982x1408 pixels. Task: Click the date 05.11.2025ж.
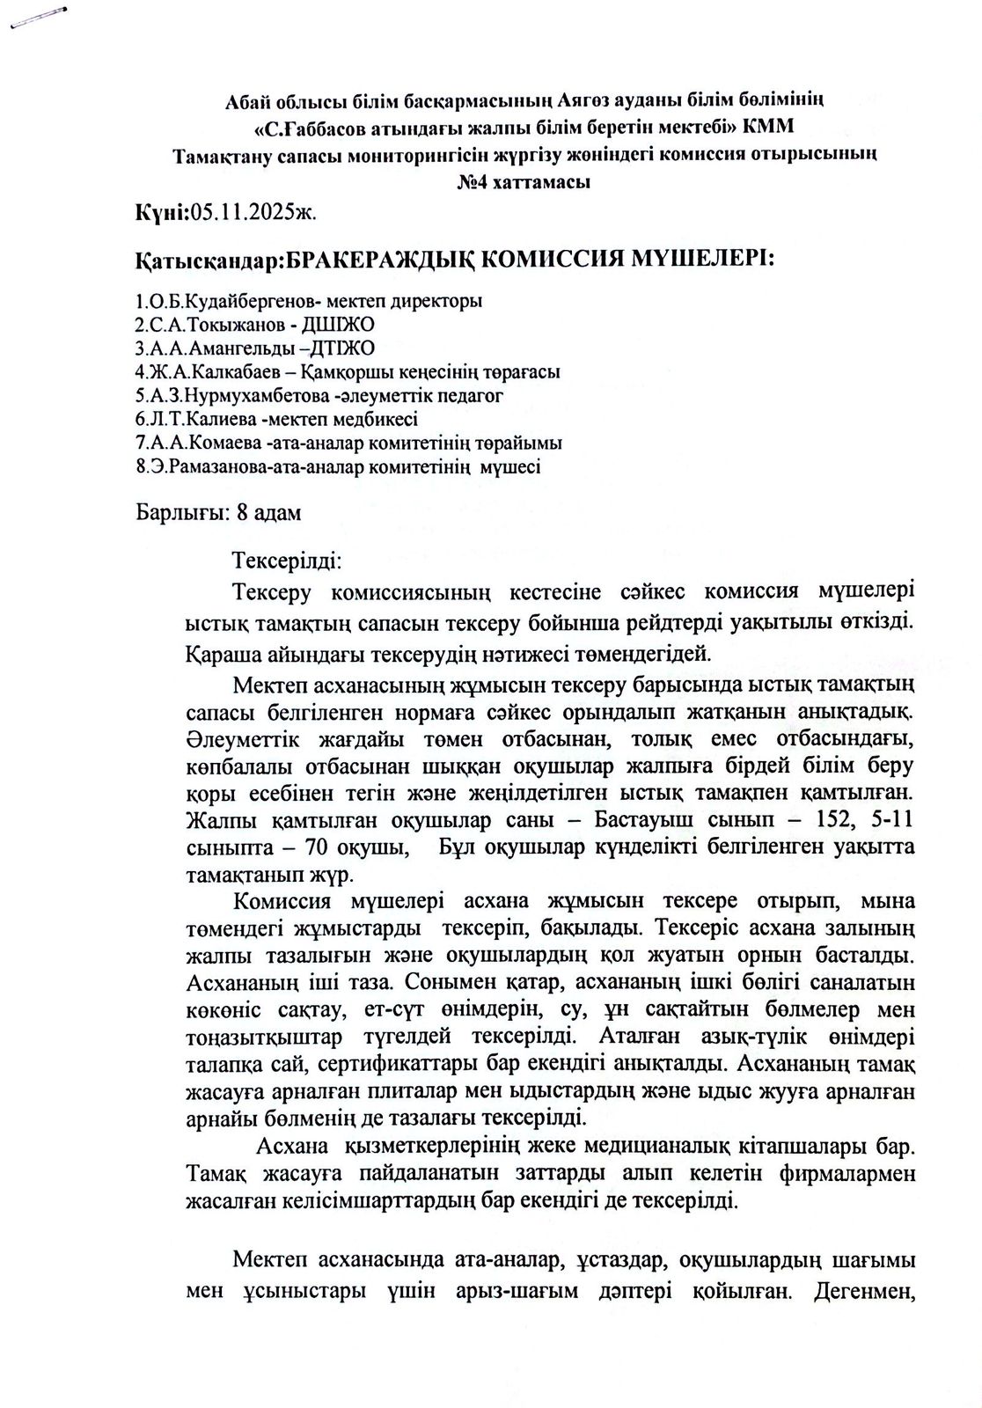tap(249, 212)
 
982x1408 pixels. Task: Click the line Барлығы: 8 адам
tap(218, 512)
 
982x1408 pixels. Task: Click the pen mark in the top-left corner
tap(35, 18)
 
